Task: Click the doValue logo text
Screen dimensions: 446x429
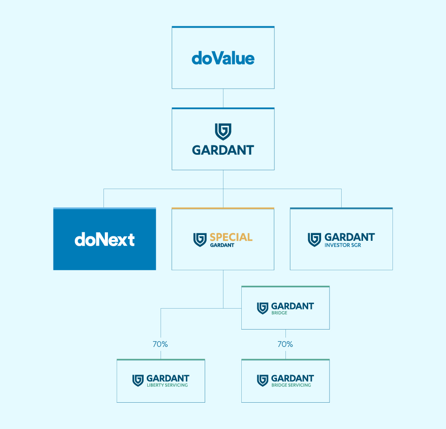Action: [x=223, y=58]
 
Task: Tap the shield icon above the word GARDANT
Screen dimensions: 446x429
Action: [x=223, y=132]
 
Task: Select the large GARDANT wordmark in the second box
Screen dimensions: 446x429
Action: [x=223, y=150]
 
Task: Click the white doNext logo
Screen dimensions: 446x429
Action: [x=104, y=239]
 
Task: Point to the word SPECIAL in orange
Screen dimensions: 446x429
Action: [x=231, y=237]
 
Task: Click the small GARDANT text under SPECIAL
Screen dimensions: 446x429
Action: [x=222, y=245]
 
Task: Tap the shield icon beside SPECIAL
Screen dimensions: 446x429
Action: [x=200, y=240]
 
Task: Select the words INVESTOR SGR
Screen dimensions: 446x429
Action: [x=343, y=245]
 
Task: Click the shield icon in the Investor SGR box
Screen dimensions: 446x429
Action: [x=314, y=240]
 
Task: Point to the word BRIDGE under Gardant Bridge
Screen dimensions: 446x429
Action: [x=279, y=313]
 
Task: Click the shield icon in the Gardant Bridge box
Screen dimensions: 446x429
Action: [x=263, y=309]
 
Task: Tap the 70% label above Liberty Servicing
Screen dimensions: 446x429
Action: [x=160, y=344]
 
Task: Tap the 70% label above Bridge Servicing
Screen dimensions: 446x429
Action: [x=285, y=344]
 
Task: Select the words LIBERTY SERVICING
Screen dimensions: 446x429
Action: [x=167, y=385]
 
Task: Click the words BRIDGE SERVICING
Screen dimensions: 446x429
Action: [x=291, y=385]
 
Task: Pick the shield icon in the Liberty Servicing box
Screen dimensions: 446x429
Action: [x=138, y=381]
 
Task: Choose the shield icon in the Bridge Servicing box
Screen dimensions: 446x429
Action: [x=263, y=381]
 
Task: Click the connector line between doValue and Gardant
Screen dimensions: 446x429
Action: [x=223, y=98]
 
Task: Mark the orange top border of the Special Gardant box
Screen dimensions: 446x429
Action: [x=223, y=208]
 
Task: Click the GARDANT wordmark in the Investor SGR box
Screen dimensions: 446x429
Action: [x=350, y=237]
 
